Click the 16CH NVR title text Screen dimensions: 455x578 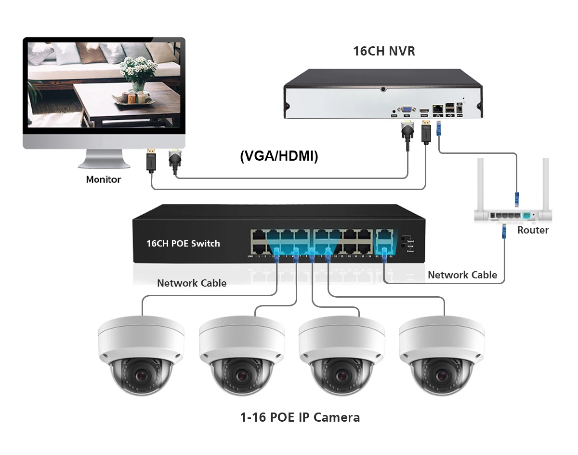(384, 51)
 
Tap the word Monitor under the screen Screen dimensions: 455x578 (103, 179)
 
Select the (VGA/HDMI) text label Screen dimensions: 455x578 (279, 156)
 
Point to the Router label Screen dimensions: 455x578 (533, 230)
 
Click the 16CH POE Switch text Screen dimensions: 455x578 (183, 243)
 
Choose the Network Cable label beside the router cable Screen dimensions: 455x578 (462, 275)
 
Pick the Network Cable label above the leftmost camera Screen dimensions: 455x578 (192, 283)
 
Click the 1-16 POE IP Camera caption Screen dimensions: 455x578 (300, 417)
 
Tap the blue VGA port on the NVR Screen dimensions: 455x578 (407, 110)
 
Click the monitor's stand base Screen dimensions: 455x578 (104, 164)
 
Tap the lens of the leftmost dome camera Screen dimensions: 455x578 (141, 376)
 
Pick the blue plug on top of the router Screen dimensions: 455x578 (517, 198)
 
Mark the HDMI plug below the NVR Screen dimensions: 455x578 (425, 130)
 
